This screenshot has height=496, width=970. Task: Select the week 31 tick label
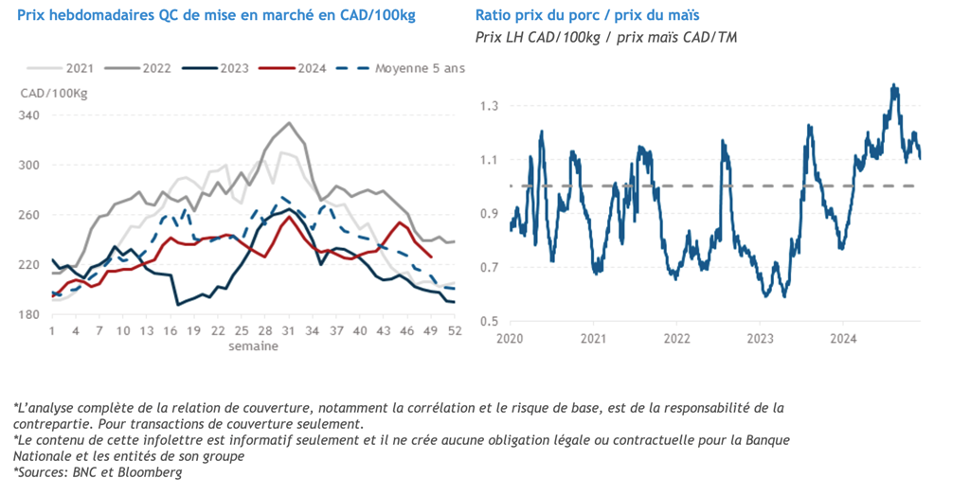point(289,331)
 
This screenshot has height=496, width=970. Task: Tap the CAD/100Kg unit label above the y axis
point(54,93)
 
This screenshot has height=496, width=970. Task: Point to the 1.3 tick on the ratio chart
point(488,106)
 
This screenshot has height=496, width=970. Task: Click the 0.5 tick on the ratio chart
point(488,322)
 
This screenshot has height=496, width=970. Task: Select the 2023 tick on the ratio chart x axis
point(760,338)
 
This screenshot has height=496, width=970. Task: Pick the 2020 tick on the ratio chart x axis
point(511,338)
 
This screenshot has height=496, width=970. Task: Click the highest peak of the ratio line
point(894,85)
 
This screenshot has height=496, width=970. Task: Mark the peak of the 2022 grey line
point(289,122)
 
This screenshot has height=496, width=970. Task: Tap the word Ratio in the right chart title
point(495,16)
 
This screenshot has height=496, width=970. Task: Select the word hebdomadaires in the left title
point(97,16)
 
